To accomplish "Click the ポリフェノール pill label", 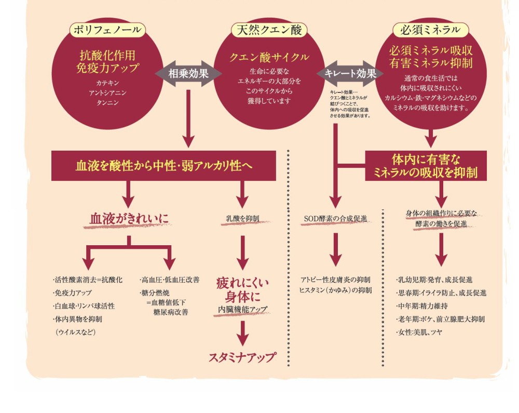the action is [x=107, y=30].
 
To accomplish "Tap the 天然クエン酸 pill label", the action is [x=269, y=30].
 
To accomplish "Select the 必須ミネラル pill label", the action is [x=430, y=30].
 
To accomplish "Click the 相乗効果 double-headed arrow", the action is [x=188, y=74].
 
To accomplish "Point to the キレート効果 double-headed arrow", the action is [x=350, y=74].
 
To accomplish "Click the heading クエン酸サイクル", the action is [x=269, y=57].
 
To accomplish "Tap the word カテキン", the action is [x=107, y=83].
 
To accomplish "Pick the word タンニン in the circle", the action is [x=107, y=103].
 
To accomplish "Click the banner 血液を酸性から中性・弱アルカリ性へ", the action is [x=163, y=166].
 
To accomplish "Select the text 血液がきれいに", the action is [x=129, y=219].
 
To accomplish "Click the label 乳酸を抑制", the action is [x=242, y=219].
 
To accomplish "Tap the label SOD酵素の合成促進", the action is [x=336, y=219].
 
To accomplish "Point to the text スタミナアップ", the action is [x=242, y=357].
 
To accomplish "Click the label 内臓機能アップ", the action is [x=242, y=309].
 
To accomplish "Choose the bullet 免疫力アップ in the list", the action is [x=72, y=293].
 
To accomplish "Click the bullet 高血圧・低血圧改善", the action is [x=170, y=280].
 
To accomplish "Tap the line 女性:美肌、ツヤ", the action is [x=419, y=332].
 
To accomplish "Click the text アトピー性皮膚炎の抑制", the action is [x=336, y=280].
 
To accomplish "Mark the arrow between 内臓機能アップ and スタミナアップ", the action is [x=242, y=334].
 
